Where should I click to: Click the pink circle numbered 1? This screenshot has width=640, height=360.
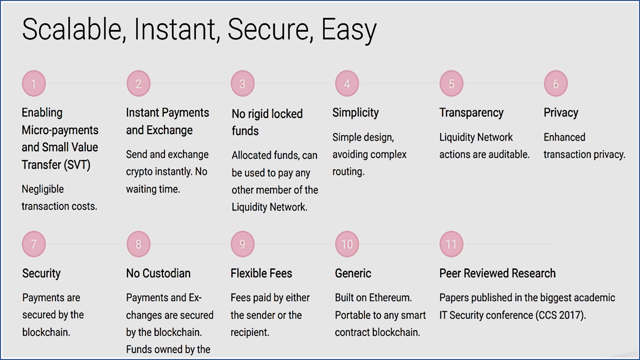[33, 83]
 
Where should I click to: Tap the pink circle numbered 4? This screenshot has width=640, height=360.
[347, 83]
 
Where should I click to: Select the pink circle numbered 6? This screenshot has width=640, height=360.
[555, 83]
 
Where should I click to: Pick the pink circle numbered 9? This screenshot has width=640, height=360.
[242, 244]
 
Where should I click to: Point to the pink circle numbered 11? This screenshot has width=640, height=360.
[451, 244]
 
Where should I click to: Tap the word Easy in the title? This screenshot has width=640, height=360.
[349, 31]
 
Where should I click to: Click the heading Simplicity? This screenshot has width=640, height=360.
[355, 113]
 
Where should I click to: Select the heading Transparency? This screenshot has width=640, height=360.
[471, 113]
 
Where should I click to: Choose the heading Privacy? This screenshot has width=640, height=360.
[561, 113]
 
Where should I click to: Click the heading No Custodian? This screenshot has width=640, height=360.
[158, 273]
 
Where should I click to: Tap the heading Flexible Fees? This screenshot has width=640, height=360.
[261, 273]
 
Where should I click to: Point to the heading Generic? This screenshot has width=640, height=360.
[353, 273]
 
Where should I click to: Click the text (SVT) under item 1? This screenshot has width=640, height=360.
[77, 165]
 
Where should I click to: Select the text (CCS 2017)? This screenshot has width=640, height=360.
[560, 315]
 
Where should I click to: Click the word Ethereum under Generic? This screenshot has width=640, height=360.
[390, 297]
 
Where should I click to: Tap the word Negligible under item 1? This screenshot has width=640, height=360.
[43, 189]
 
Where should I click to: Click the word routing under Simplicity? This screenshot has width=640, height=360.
[348, 172]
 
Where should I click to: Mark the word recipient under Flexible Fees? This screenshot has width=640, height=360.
[250, 332]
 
